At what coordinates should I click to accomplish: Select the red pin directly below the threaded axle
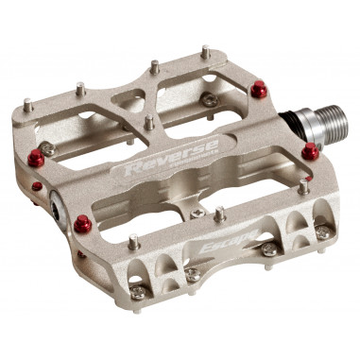click(x=310, y=151)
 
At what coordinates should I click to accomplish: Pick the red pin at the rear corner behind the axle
click(x=257, y=90)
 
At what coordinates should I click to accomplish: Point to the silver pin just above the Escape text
click(x=219, y=215)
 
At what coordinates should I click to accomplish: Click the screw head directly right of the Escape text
click(x=269, y=249)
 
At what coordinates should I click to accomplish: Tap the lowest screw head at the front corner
click(x=139, y=292)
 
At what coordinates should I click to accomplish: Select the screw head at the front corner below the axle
click(x=323, y=231)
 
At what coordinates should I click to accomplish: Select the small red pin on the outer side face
click(x=37, y=186)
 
